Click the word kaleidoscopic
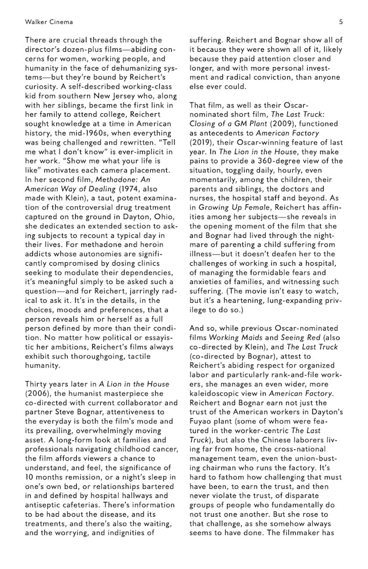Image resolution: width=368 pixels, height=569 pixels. (220, 393)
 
